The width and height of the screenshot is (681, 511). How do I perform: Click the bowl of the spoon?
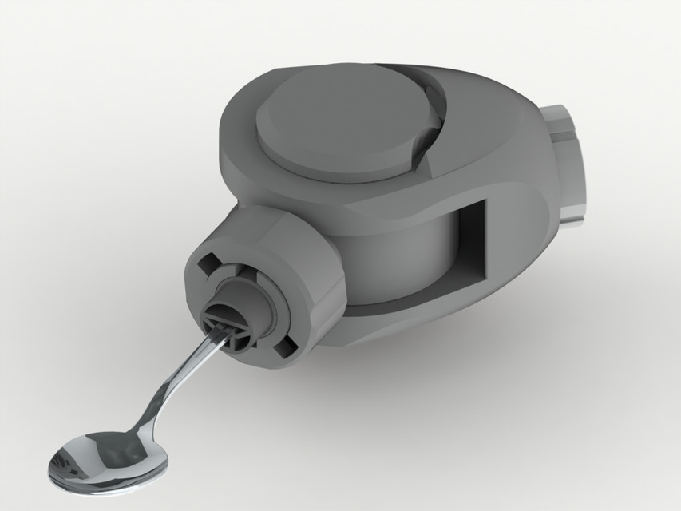pyautogui.click(x=97, y=462)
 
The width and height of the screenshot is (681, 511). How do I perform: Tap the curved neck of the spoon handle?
pyautogui.click(x=164, y=399)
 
